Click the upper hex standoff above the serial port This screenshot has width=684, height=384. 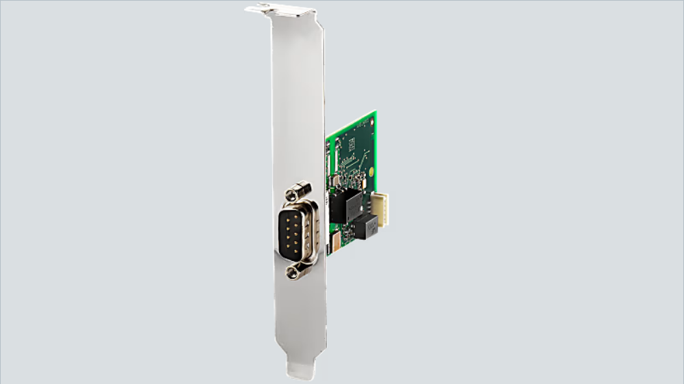coord(299,191)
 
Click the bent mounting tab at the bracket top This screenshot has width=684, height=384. coord(280,10)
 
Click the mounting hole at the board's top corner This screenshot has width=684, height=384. coord(371,122)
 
